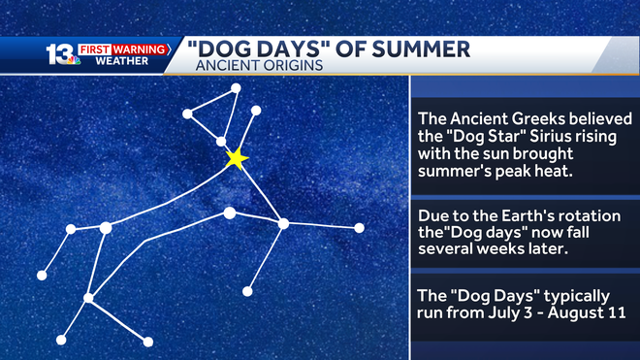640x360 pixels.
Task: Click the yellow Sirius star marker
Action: tap(236, 159)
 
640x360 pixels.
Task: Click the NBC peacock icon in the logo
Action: tap(73, 61)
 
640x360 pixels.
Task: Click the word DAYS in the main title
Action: tap(293, 49)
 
